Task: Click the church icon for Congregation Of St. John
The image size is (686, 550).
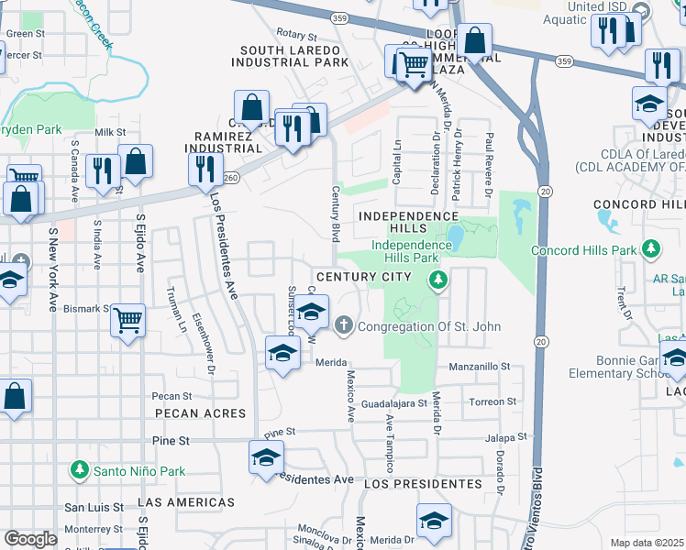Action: (344, 324)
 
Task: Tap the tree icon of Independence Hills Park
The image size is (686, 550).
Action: (439, 280)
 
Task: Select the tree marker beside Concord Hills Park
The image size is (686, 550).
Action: (651, 249)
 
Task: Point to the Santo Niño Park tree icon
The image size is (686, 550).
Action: (80, 470)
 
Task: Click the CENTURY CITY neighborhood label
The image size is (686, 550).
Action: (363, 277)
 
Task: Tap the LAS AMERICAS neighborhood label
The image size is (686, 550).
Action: (186, 502)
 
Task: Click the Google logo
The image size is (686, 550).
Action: (31, 539)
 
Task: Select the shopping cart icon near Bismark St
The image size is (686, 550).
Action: (128, 323)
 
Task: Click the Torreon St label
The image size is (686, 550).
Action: (492, 401)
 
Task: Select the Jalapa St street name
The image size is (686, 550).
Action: (509, 438)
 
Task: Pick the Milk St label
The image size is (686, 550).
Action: (109, 133)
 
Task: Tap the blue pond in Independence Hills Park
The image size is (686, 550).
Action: (454, 237)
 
